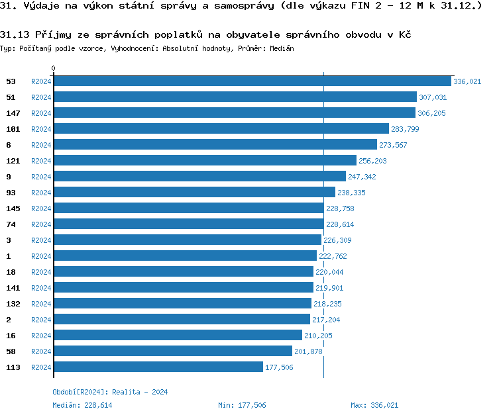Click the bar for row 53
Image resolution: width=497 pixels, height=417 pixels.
(252, 81)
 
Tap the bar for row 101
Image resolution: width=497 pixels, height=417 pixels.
(221, 129)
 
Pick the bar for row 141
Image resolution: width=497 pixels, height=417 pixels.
(183, 288)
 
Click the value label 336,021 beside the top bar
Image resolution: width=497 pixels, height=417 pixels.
(467, 81)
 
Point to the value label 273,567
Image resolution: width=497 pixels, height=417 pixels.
(393, 145)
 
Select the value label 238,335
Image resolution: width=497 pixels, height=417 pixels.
(351, 193)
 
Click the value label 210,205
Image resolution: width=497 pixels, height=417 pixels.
(319, 336)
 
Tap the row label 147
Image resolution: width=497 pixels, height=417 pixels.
(13, 113)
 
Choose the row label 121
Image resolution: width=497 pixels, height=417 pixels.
(13, 161)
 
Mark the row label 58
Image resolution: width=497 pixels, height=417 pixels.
(11, 351)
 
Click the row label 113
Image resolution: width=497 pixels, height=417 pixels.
(13, 367)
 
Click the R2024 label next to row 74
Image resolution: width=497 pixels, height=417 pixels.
(41, 224)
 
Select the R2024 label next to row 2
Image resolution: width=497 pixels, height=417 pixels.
(41, 320)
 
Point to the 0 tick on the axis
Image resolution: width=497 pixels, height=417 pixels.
(54, 68)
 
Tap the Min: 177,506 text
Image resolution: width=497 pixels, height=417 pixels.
(242, 405)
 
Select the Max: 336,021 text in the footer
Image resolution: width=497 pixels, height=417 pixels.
(374, 405)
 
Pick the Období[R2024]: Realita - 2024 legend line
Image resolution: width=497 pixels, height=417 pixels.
(110, 392)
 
